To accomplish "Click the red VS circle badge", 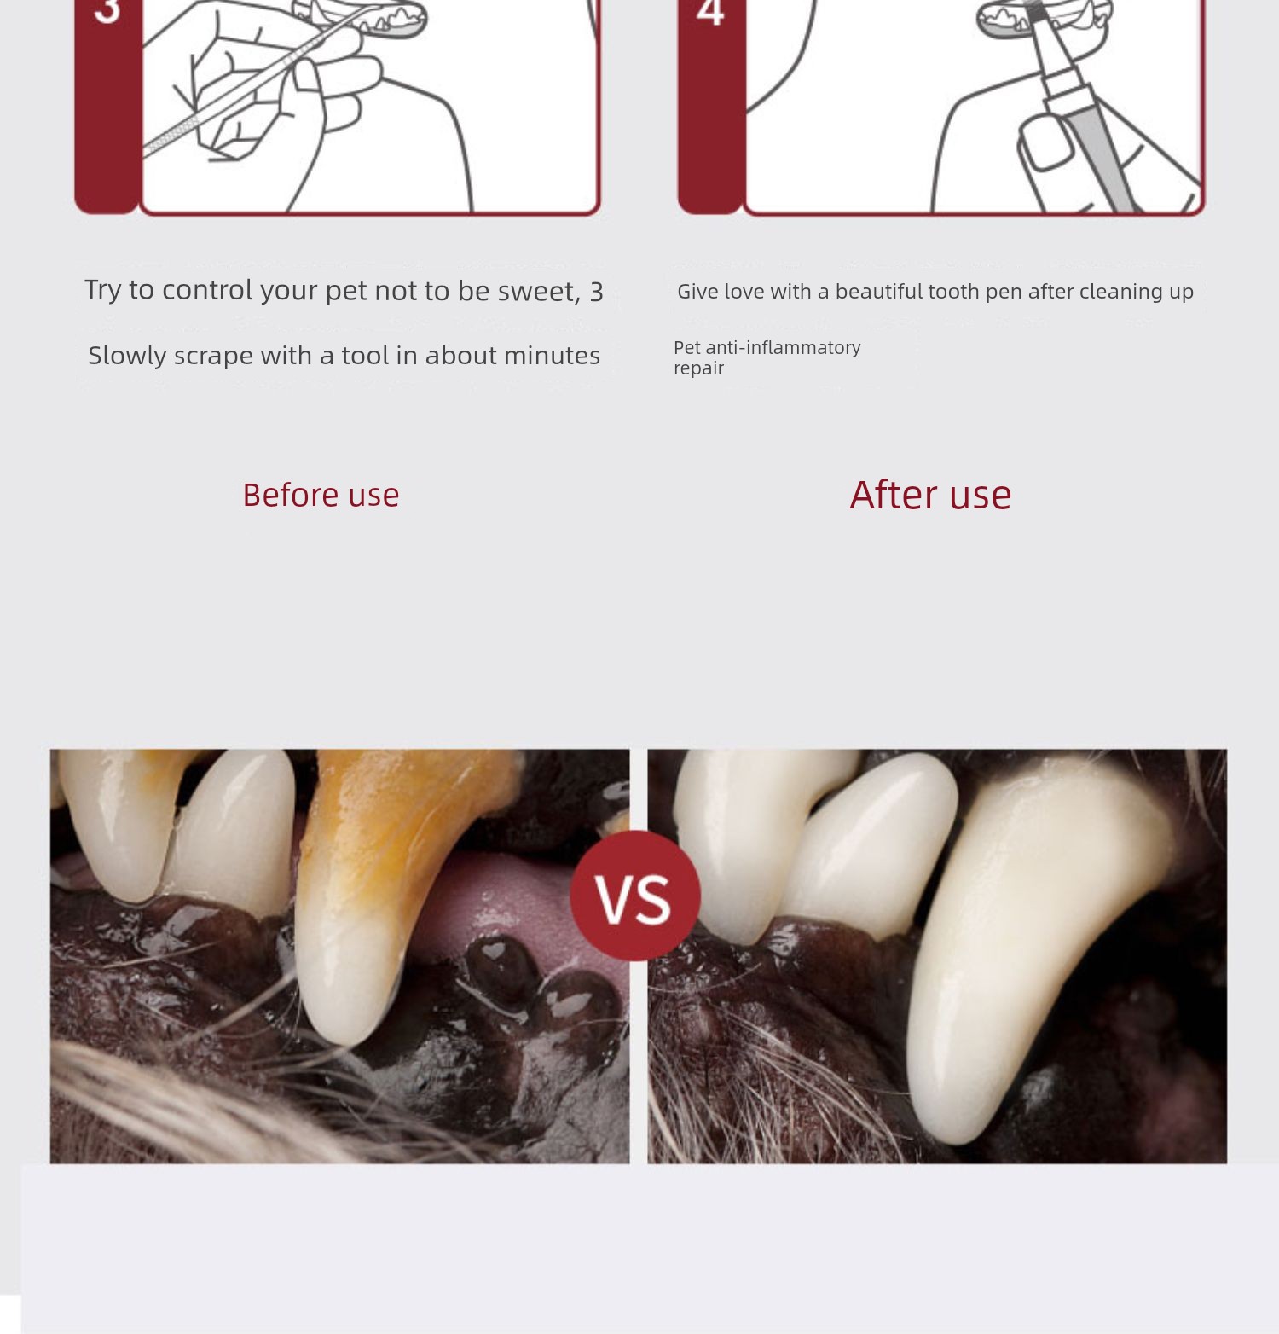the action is pyautogui.click(x=635, y=896).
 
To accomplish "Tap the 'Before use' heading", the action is pyautogui.click(x=321, y=496).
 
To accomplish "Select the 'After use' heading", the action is pyautogui.click(x=930, y=495).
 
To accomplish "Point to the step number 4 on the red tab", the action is pyautogui.click(x=710, y=12).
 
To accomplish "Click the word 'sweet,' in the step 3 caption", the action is pyautogui.click(x=539, y=292).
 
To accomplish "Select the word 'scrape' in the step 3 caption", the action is pyautogui.click(x=213, y=356).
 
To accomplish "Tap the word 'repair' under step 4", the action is pyautogui.click(x=698, y=368).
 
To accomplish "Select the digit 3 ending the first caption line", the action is pyautogui.click(x=597, y=293).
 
